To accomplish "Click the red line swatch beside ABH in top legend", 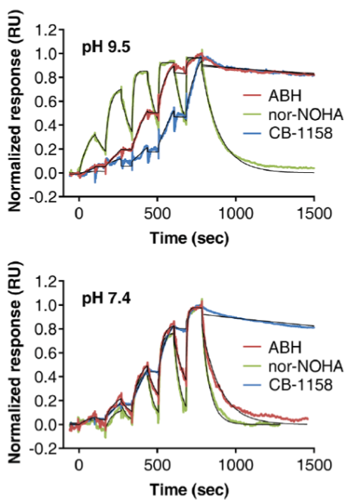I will click(x=252, y=96).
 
